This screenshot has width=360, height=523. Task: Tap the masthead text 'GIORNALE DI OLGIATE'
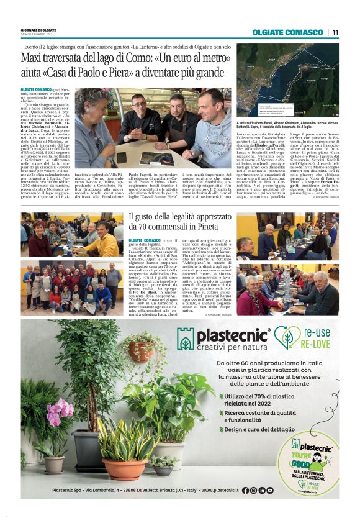point(38,29)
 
